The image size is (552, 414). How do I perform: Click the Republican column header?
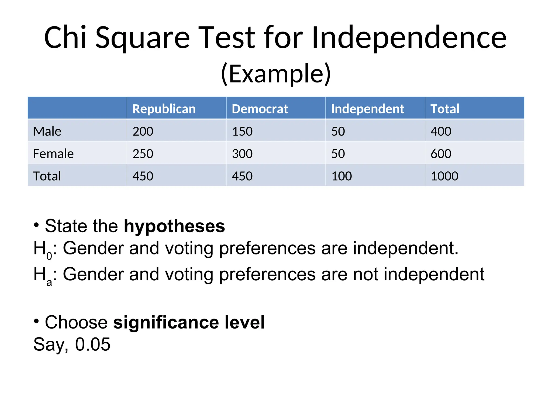[164, 109]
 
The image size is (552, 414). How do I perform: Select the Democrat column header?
[260, 109]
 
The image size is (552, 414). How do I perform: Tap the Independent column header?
[367, 109]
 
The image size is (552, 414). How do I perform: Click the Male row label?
[47, 131]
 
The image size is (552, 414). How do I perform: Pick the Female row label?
[53, 154]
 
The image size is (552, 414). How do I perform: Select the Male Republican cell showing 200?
[143, 131]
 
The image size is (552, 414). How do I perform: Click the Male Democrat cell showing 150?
[242, 131]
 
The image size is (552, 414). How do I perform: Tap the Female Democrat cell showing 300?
[242, 154]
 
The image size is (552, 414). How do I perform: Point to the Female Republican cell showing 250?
[143, 154]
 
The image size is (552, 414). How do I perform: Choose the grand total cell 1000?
[444, 176]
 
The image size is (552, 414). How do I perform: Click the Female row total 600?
[441, 154]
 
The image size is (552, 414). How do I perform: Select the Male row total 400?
[441, 131]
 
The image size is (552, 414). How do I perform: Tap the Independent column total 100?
[341, 176]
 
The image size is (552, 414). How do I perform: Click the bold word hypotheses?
[174, 226]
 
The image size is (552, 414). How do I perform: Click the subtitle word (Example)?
[276, 74]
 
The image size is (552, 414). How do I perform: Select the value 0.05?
[92, 344]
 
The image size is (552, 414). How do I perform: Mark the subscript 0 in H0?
[49, 256]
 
